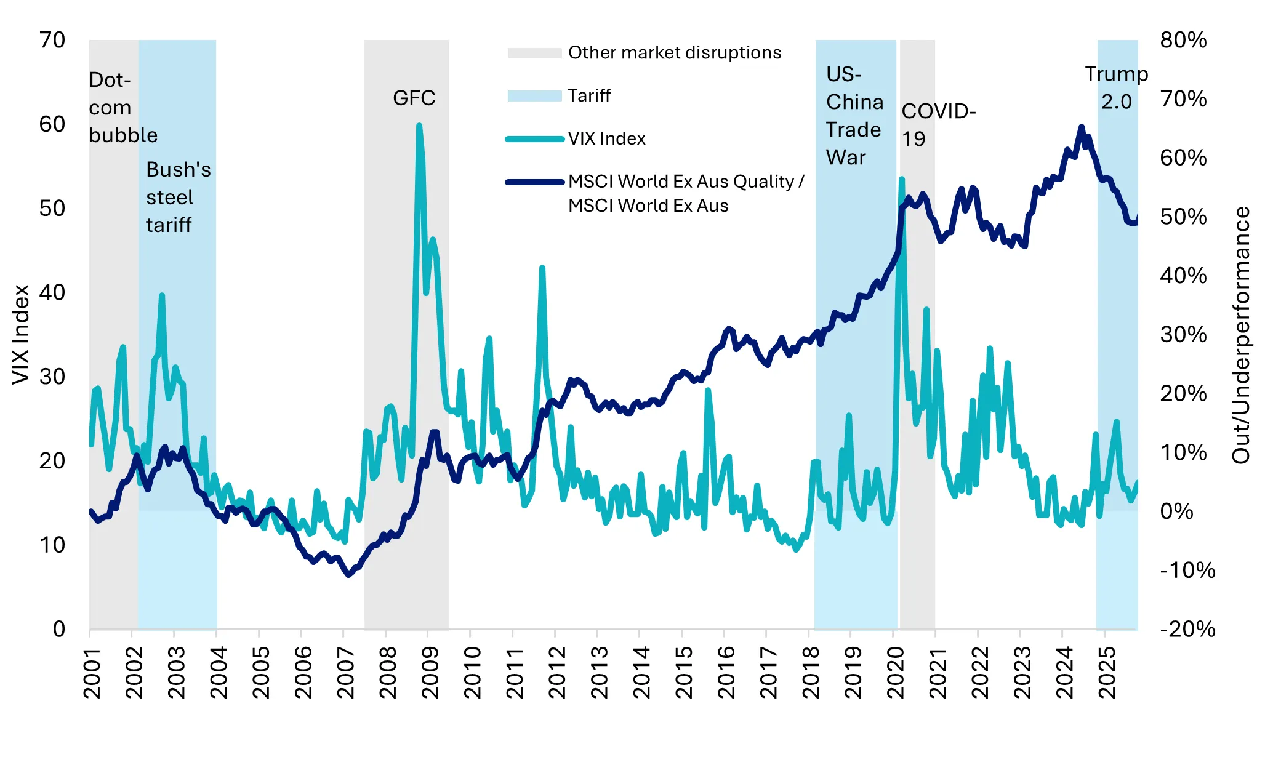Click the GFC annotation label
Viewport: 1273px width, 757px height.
[x=414, y=98]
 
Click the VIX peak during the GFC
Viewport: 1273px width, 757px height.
[x=419, y=126]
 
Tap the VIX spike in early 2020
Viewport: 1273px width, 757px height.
[x=901, y=180]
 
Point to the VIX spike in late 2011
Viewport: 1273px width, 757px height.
[x=542, y=268]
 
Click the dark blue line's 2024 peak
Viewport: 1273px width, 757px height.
[x=1081, y=127]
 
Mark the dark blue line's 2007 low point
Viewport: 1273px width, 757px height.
[x=349, y=574]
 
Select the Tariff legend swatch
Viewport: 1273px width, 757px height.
[x=534, y=96]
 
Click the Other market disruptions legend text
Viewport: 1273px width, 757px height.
[x=674, y=53]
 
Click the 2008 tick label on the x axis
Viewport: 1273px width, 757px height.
[x=388, y=672]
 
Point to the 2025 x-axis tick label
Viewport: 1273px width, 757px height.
[x=1107, y=672]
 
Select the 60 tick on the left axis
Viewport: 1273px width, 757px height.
[x=52, y=124]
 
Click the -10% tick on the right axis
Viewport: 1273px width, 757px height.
[x=1187, y=570]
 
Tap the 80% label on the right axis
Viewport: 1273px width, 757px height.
[x=1183, y=40]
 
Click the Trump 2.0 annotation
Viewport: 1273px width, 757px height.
[x=1116, y=87]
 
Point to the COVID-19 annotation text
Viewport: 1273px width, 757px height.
[x=938, y=125]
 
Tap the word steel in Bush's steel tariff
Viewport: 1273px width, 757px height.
[x=169, y=198]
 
